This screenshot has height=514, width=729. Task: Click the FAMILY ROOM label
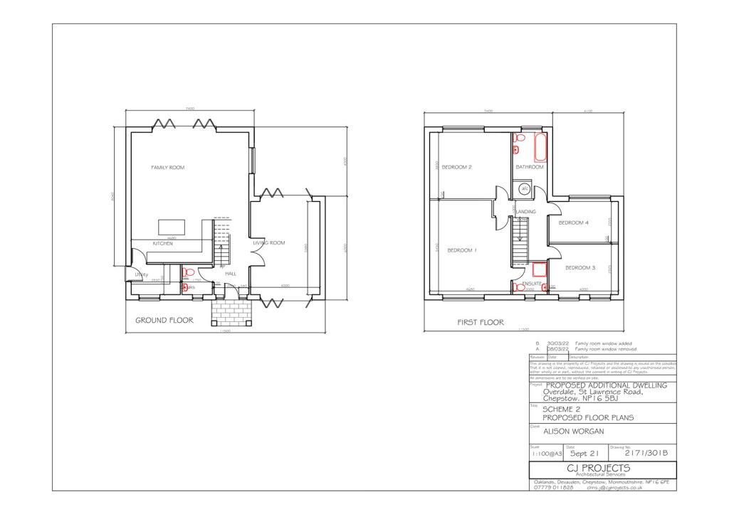167,168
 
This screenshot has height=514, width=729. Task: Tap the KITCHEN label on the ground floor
163,244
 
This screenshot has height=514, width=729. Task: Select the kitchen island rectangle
172,227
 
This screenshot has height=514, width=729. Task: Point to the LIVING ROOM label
269,243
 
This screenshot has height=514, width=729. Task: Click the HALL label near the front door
231,273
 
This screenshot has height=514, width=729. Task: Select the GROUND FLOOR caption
164,321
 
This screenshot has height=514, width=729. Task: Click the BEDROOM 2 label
457,168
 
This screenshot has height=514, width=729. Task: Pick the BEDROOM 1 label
461,250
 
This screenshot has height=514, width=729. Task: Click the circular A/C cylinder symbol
525,189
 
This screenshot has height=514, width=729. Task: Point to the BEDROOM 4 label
573,223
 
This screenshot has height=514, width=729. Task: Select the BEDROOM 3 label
580,268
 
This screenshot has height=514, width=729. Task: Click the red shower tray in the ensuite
539,269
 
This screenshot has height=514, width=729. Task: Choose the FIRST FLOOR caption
481,323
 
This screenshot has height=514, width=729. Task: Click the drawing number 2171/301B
648,453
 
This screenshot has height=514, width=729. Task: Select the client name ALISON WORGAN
573,431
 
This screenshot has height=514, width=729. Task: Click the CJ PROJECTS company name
598,468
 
